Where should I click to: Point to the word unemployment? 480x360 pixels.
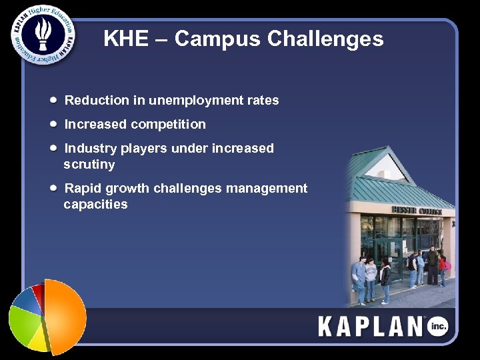193,101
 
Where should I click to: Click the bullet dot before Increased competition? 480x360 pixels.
53,124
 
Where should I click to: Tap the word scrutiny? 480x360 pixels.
89,165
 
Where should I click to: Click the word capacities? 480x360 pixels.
95,205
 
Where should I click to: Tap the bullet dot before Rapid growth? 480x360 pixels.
53,188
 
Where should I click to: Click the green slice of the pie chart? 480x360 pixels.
25,324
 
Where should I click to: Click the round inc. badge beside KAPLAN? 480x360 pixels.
437,326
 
